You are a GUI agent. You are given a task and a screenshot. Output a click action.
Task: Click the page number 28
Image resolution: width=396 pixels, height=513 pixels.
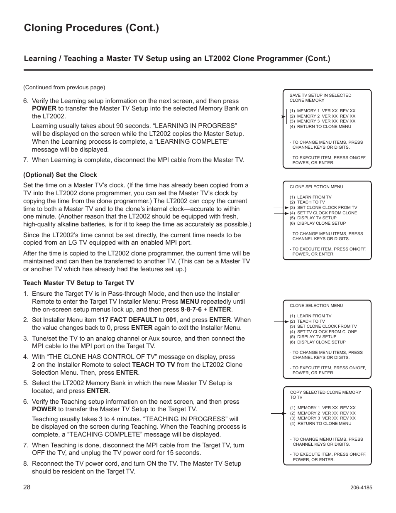click(x=27, y=487)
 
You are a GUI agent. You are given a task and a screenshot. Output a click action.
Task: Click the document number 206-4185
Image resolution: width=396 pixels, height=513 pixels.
click(x=361, y=488)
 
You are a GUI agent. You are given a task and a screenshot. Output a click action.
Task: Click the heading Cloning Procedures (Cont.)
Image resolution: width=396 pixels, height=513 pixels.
click(x=91, y=28)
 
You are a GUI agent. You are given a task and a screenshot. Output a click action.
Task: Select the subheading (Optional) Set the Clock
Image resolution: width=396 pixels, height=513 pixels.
click(x=60, y=175)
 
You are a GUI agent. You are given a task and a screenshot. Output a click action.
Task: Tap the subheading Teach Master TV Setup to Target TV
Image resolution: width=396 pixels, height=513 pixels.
click(x=79, y=283)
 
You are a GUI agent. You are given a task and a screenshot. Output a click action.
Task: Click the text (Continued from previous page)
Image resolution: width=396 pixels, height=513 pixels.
click(x=64, y=87)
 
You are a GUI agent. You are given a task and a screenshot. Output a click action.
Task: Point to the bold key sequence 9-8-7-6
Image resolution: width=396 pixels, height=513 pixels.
click(x=191, y=309)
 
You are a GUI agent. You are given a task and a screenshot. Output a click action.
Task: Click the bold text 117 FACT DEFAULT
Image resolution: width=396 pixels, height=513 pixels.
click(x=127, y=320)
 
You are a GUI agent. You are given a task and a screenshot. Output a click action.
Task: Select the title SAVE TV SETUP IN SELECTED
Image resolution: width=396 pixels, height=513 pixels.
click(x=320, y=95)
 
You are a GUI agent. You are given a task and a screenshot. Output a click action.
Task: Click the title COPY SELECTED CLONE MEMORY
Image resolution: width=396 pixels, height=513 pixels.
click(x=325, y=392)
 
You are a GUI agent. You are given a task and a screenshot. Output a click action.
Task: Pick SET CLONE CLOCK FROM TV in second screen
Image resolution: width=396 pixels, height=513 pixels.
click(x=327, y=207)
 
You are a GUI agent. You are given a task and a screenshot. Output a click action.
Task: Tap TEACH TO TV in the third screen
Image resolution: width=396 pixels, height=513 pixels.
click(x=310, y=321)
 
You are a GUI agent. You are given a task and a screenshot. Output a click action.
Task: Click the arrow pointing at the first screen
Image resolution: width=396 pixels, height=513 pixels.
click(x=278, y=117)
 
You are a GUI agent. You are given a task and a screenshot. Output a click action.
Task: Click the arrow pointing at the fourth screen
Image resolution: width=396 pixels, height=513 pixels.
click(x=278, y=414)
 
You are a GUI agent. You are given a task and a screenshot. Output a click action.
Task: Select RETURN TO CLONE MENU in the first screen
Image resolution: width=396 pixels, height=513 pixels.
click(x=324, y=126)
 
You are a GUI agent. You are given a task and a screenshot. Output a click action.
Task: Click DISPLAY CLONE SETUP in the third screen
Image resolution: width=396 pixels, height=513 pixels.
click(x=321, y=342)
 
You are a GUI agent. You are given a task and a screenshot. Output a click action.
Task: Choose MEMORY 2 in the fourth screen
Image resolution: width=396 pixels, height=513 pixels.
click(x=308, y=413)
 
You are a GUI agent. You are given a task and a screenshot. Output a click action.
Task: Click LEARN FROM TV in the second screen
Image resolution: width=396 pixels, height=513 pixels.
click(x=314, y=197)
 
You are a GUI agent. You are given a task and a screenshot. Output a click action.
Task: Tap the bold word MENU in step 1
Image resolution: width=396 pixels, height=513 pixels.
click(x=190, y=302)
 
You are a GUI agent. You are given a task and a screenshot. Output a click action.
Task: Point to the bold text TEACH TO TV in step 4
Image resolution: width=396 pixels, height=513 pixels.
click(x=154, y=365)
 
